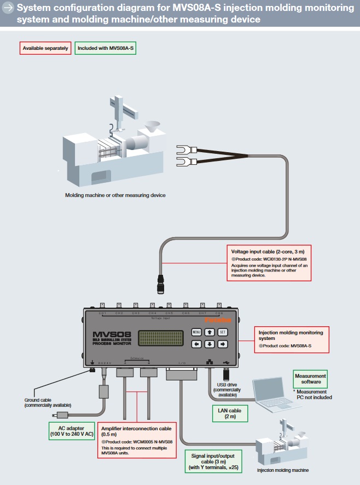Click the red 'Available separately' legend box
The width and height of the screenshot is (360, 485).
pos(45,48)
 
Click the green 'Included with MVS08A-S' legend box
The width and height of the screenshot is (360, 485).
pos(106,48)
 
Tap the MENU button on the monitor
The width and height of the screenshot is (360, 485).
pos(196,332)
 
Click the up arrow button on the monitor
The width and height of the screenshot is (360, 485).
pos(210,332)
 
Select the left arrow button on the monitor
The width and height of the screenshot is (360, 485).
pos(196,344)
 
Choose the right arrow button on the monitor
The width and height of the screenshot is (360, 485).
pos(222,344)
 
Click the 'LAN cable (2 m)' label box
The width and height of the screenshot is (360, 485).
pos(229,413)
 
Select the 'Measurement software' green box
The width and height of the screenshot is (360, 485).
pos(310,379)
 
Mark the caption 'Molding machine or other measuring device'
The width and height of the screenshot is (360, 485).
pos(115,195)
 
